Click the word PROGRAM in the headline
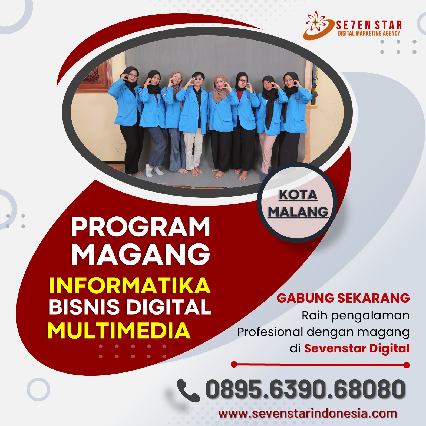(140, 227)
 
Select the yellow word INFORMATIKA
(130, 285)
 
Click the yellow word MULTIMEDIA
(119, 331)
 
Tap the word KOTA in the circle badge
(298, 195)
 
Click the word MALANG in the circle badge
(298, 212)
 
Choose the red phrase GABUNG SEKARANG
(343, 298)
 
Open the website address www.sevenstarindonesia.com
(308, 414)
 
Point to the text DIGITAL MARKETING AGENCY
(369, 33)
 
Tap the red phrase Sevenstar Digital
(357, 348)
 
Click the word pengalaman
(371, 316)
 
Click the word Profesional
(270, 332)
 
